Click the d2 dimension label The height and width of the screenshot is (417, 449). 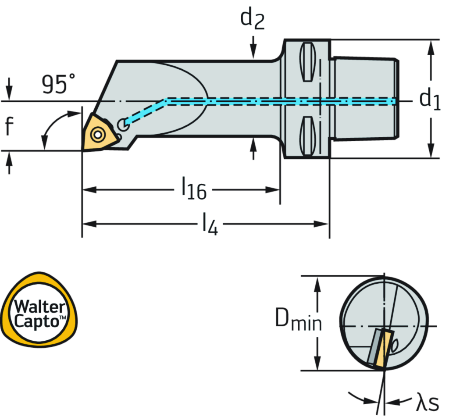tap(253, 18)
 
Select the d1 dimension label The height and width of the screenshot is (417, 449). tap(429, 100)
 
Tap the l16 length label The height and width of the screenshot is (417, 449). tap(193, 189)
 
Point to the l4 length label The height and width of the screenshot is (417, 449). tap(210, 224)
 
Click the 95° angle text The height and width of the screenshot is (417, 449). tap(58, 85)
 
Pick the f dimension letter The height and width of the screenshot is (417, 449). tap(9, 126)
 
